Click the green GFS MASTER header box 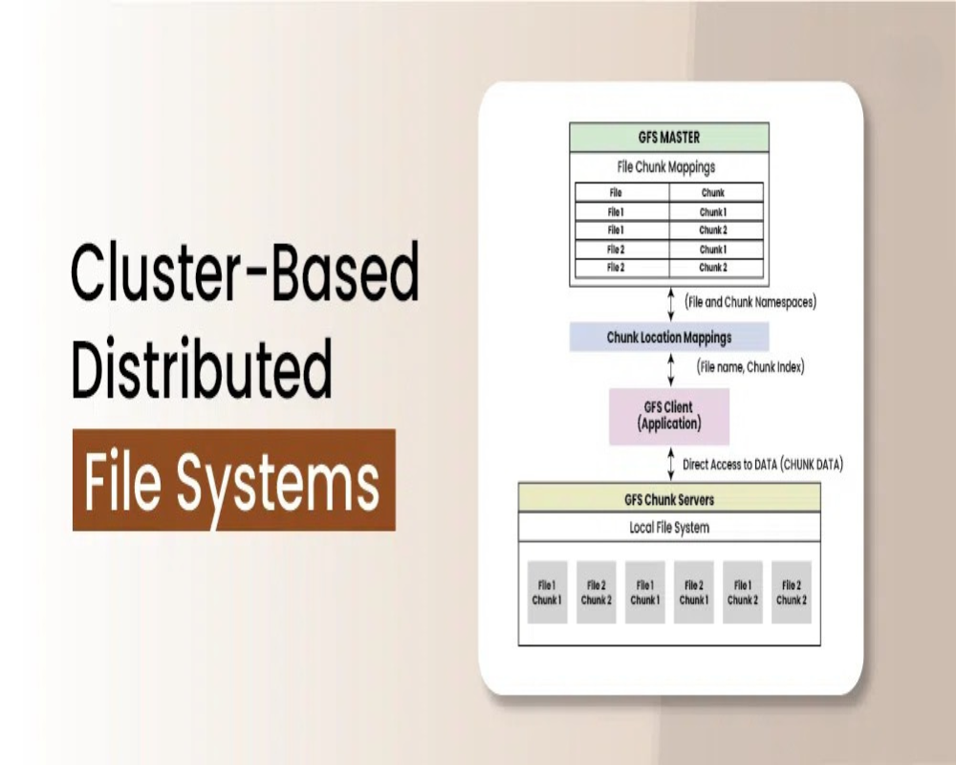[668, 138]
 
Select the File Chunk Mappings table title [668, 167]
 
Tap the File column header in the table [616, 192]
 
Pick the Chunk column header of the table [712, 192]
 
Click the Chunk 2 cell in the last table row [712, 268]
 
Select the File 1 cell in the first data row [616, 211]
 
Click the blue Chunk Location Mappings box [669, 338]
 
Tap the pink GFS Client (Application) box [669, 415]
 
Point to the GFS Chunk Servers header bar [669, 499]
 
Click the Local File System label [669, 527]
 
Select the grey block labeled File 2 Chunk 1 [693, 593]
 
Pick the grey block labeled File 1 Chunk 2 [742, 593]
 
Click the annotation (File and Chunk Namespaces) [750, 302]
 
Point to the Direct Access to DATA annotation [763, 465]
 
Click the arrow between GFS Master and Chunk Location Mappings [669, 303]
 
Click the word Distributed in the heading [203, 367]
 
